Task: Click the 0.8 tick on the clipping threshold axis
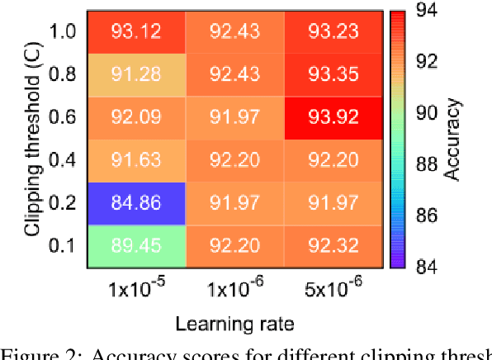64,73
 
